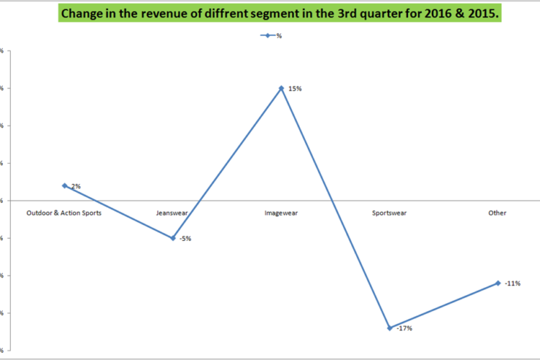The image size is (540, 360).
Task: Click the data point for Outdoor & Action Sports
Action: click(64, 185)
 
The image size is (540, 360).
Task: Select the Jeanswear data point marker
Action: click(173, 238)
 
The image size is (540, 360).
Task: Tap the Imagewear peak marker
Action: click(281, 88)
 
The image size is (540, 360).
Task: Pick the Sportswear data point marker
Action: click(390, 328)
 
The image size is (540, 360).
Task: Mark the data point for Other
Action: click(498, 283)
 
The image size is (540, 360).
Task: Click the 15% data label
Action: click(295, 88)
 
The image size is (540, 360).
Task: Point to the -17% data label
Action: click(405, 329)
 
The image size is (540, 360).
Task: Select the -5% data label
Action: click(185, 239)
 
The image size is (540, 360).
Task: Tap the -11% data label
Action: click(512, 283)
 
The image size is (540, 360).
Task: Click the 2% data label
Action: click(75, 186)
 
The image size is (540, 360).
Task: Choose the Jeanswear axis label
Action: click(172, 213)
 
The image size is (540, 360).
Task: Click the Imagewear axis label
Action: click(281, 213)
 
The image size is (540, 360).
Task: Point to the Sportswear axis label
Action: click(390, 213)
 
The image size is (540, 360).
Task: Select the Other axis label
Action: click(498, 213)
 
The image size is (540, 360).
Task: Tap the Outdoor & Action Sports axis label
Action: click(64, 213)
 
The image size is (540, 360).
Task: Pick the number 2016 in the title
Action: click(433, 13)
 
